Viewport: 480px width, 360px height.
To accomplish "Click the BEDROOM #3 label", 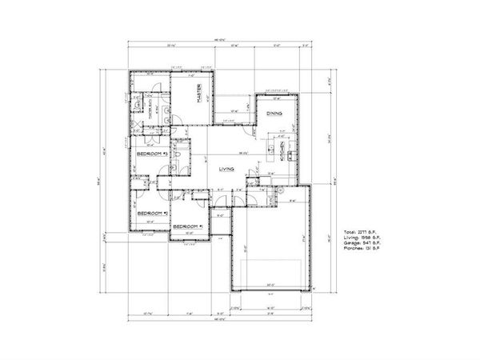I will point(150,152).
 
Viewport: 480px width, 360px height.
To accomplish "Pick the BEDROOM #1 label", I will point(190,226).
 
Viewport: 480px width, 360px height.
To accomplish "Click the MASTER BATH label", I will point(152,112).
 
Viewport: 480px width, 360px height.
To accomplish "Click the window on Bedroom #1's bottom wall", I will point(189,238).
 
